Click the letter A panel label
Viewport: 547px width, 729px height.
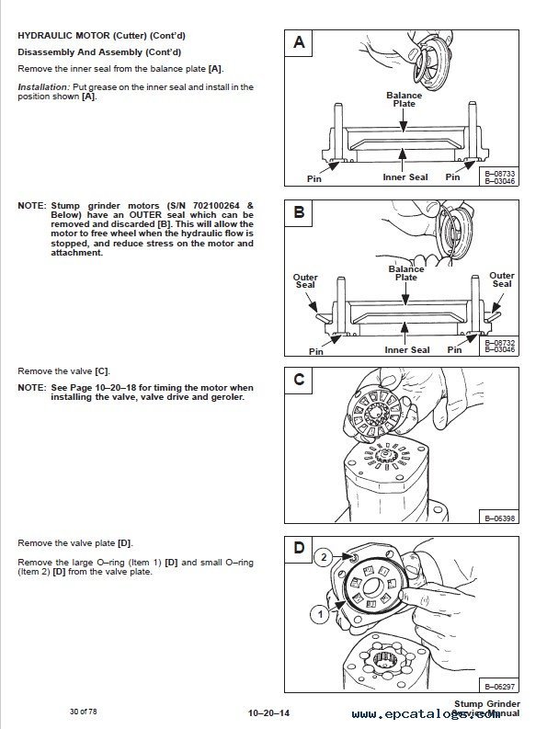pos(299,42)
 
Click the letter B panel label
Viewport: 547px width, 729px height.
pos(299,212)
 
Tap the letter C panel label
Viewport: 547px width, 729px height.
pos(299,380)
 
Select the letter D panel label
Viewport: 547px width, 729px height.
pos(299,548)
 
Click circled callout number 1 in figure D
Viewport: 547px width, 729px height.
pos(320,615)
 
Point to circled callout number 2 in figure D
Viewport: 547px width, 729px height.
pos(324,557)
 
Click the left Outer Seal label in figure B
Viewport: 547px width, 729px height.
pos(305,280)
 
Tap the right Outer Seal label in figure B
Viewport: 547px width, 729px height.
pos(502,279)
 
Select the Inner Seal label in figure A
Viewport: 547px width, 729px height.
pos(405,177)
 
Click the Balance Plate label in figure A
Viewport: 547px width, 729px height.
pos(405,99)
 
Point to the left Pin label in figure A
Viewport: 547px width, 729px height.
pos(314,179)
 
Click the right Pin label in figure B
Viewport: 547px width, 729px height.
pos(454,350)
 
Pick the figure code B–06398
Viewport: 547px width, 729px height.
pos(499,518)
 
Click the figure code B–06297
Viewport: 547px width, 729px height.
pos(499,687)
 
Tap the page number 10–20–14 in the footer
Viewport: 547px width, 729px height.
pos(268,713)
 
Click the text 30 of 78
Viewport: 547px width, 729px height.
pos(84,712)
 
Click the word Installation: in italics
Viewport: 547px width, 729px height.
pos(43,87)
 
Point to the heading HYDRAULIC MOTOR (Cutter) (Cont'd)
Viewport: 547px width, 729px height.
pos(101,36)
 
